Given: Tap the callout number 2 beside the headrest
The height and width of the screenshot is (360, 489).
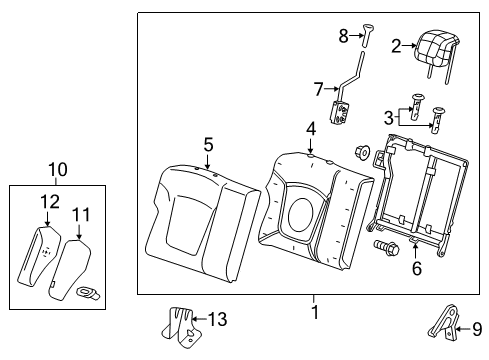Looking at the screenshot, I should pyautogui.click(x=396, y=45).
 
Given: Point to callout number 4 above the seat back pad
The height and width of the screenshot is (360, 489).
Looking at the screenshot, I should pyautogui.click(x=311, y=128).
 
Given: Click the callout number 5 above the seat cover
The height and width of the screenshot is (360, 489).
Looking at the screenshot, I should pyautogui.click(x=208, y=146).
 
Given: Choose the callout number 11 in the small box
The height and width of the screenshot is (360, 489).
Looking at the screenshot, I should pyautogui.click(x=81, y=213).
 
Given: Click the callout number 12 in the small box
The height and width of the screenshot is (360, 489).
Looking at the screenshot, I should pyautogui.click(x=43, y=201).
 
